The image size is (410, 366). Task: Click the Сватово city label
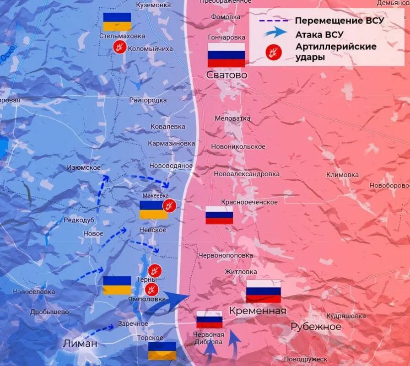click(x=227, y=75)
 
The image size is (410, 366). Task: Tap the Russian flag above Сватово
click(x=227, y=55)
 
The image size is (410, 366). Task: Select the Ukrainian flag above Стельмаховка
click(x=117, y=22)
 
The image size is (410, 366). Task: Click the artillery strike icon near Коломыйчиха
click(x=120, y=47)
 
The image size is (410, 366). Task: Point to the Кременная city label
click(x=258, y=311)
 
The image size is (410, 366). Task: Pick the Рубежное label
click(x=316, y=327)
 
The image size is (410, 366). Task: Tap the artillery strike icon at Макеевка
click(x=169, y=205)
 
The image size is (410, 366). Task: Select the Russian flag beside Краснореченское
click(x=219, y=215)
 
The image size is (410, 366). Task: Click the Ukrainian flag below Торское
click(x=162, y=350)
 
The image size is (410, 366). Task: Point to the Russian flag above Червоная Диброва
click(x=209, y=319)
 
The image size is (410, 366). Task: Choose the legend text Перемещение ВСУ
click(x=339, y=21)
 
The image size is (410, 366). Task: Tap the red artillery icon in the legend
click(x=274, y=52)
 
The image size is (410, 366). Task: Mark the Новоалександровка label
click(x=246, y=174)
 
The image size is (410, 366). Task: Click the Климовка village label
click(x=342, y=175)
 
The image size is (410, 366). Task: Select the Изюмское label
click(x=84, y=168)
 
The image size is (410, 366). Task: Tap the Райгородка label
click(x=148, y=100)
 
